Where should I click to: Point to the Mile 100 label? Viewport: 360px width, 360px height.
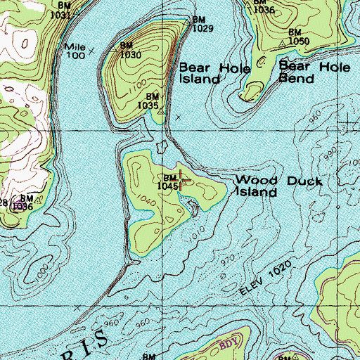[x=75, y=50]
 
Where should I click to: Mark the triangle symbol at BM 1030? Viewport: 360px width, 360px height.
[x=115, y=50]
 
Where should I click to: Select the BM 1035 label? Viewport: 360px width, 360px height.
[x=153, y=101]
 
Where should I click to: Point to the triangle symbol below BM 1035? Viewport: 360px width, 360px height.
[x=161, y=111]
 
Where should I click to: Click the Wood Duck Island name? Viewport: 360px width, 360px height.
[x=278, y=186]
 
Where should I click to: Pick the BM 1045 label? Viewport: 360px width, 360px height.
[x=169, y=182]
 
